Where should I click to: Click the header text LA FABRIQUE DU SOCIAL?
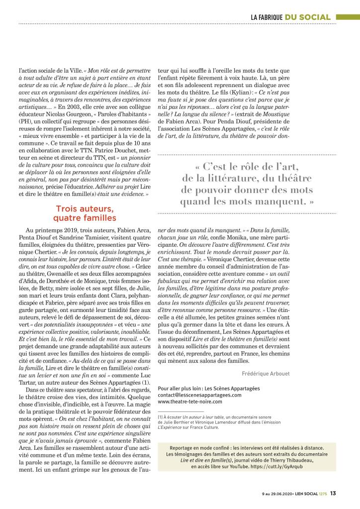tap(290, 17)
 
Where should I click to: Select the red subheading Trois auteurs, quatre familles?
tap(84, 213)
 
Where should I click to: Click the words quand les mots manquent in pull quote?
tap(244, 202)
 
